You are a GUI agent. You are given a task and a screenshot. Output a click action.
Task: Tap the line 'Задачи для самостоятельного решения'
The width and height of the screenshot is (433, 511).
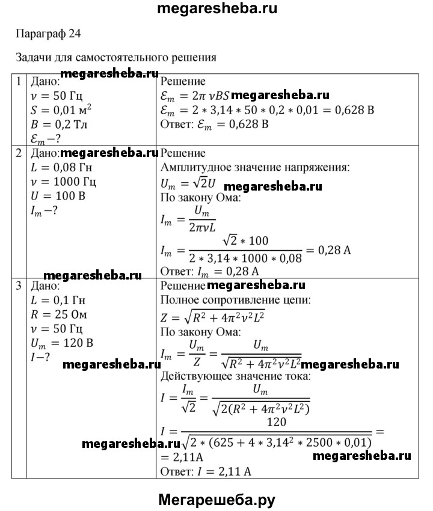(115, 58)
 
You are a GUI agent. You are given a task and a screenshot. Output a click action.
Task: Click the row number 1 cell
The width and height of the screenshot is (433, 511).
(19, 81)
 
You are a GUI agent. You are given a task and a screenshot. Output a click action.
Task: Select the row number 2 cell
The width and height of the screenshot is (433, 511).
(19, 153)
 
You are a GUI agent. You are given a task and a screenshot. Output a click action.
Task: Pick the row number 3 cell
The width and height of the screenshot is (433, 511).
(19, 284)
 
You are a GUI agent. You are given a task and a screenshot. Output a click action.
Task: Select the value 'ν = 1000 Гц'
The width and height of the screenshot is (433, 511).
(63, 182)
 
